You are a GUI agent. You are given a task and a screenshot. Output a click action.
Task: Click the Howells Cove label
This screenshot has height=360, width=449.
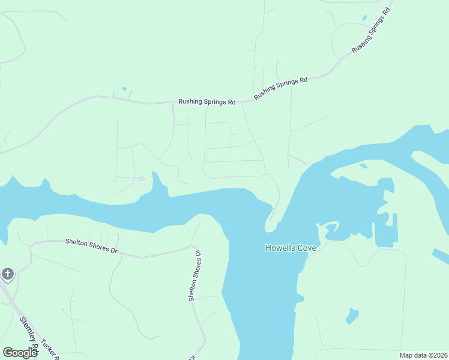click(x=291, y=247)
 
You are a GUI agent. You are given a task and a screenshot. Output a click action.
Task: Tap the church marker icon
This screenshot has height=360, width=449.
click(x=7, y=275)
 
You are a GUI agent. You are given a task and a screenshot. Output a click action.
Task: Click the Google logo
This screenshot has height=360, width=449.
click(x=20, y=353)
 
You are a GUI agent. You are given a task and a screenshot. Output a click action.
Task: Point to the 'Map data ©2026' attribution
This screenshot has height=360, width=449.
click(x=423, y=355)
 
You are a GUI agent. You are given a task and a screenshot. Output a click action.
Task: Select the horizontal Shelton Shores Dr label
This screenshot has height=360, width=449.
click(x=91, y=245)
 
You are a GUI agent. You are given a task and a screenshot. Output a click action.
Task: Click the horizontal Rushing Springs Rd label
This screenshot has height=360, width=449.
click(x=206, y=102)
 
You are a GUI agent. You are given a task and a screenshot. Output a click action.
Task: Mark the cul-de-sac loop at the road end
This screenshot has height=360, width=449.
click(x=142, y=178)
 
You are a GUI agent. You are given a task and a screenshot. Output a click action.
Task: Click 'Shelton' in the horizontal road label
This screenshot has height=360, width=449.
click(x=77, y=242)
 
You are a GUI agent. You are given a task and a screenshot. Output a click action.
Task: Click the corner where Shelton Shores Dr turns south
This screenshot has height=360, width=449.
click(x=193, y=246)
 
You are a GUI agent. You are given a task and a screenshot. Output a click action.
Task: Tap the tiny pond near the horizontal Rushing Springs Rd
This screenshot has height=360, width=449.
click(x=124, y=89)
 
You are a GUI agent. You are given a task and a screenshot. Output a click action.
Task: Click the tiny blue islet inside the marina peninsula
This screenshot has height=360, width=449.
click(x=363, y=166)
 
